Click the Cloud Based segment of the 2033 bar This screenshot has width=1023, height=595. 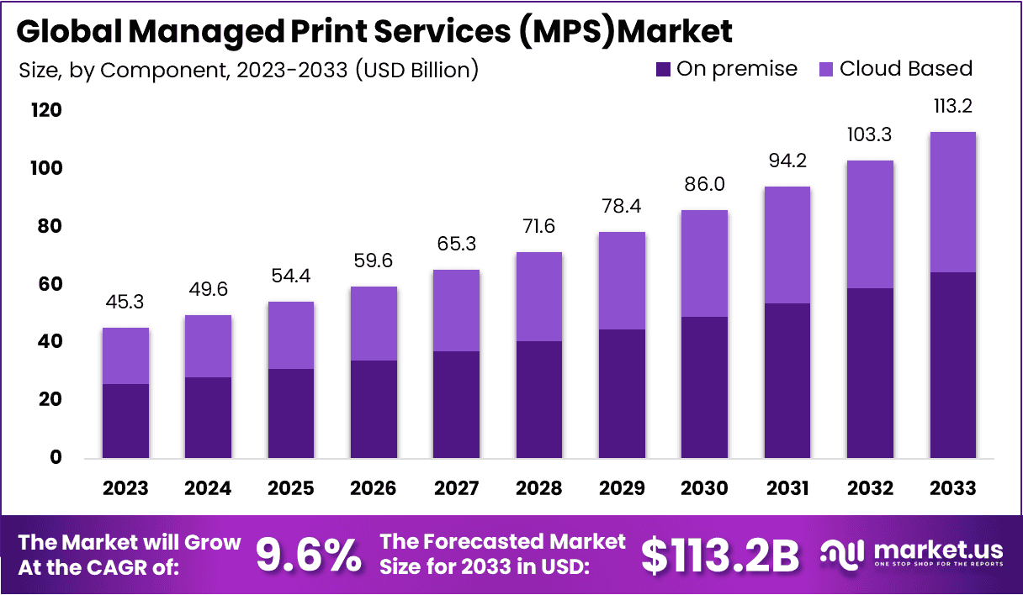coord(952,202)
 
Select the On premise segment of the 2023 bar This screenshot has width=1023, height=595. coord(125,420)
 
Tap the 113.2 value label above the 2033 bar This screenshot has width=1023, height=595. coord(952,107)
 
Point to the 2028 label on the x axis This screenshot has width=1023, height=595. coord(538,488)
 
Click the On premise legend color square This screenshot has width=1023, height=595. coord(663,69)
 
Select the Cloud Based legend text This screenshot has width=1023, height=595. coord(905,69)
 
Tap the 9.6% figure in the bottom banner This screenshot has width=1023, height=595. coord(308,555)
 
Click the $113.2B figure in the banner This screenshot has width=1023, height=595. coord(720,555)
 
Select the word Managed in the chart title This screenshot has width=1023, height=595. coord(188,31)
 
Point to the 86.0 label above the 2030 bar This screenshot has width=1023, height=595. coord(704,184)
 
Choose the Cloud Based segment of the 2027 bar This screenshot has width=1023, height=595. coord(457,310)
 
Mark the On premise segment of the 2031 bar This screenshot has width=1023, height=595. coord(787,380)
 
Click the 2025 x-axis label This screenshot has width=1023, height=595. coord(290,488)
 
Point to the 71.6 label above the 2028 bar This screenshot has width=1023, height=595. coord(538,226)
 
